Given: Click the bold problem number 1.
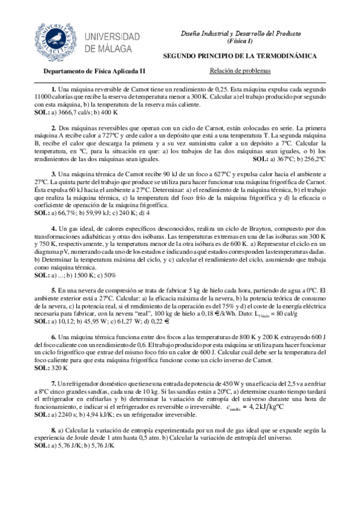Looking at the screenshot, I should click(x=53, y=89).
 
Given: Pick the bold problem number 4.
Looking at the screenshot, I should click(x=53, y=229).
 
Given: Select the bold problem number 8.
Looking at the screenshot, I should click(x=53, y=431).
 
